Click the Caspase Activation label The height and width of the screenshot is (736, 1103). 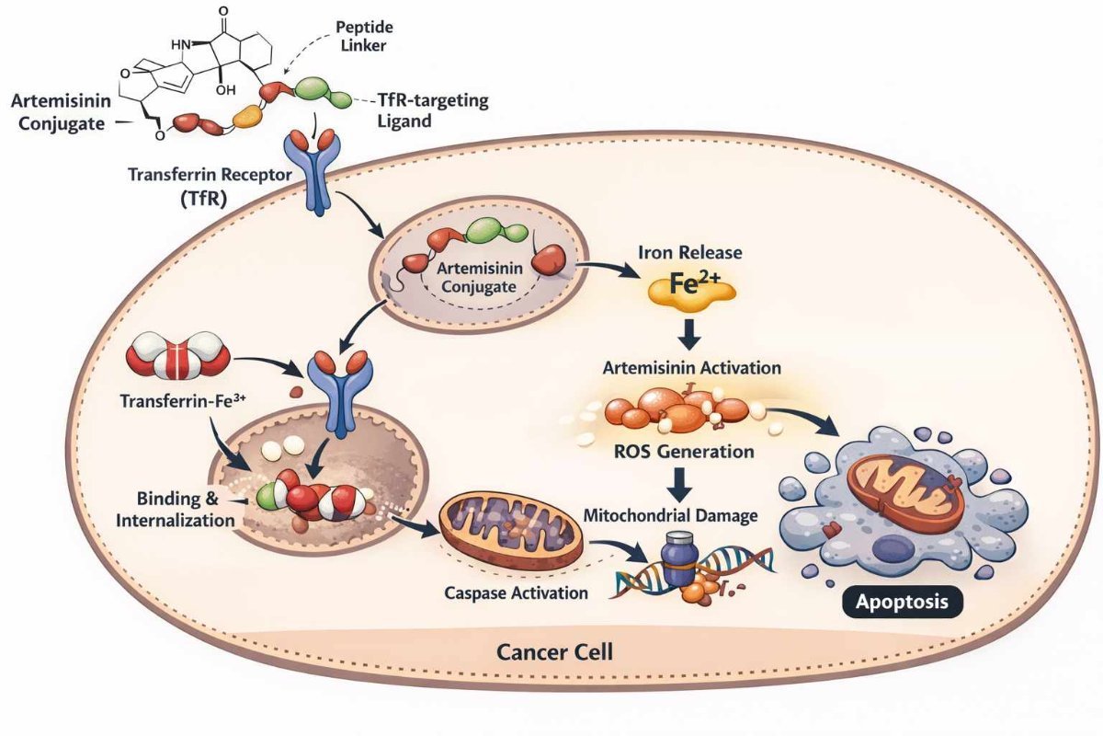click(x=516, y=592)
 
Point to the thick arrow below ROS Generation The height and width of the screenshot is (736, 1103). click(x=682, y=483)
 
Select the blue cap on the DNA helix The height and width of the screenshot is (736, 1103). click(x=678, y=559)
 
